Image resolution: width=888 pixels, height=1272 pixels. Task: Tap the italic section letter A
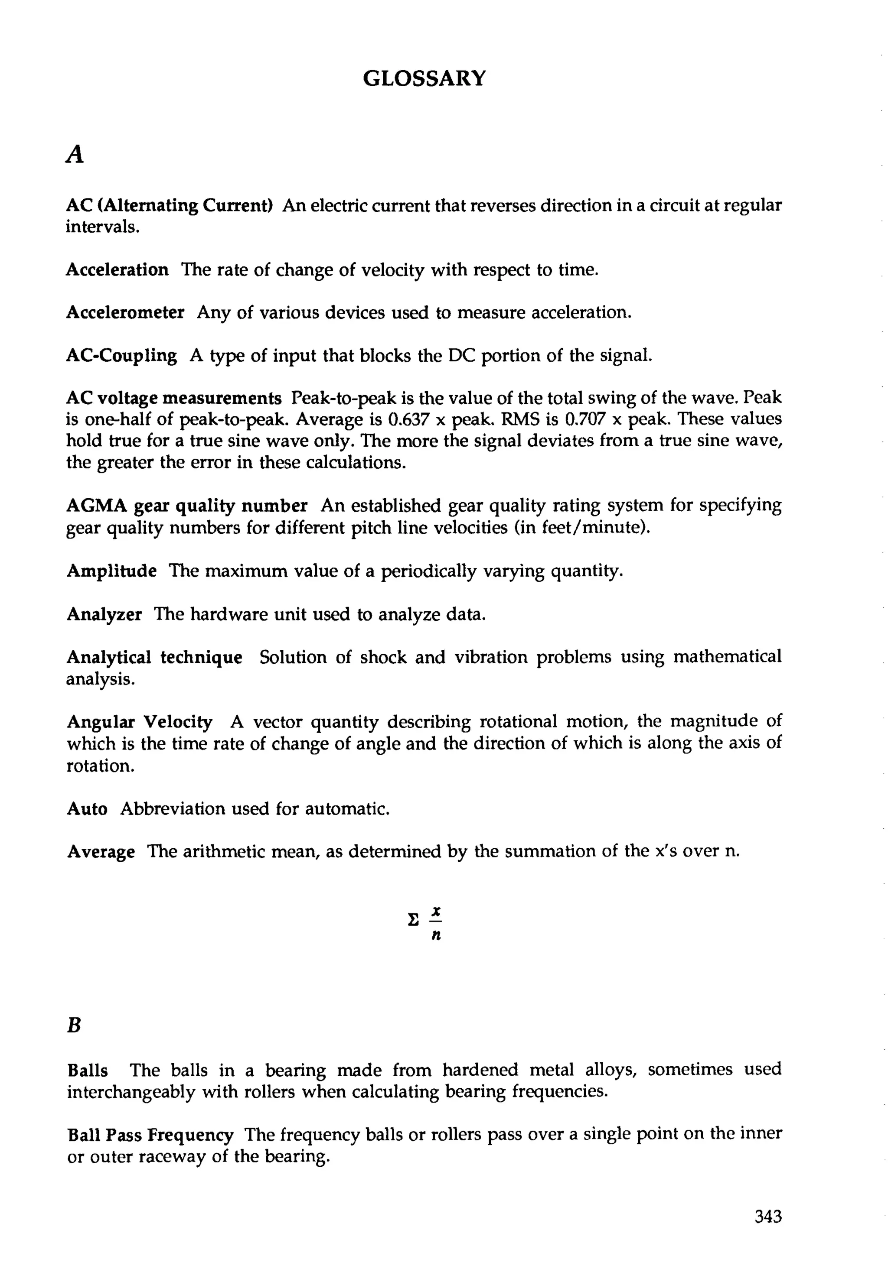75,155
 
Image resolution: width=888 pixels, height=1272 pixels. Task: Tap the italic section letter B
74,1026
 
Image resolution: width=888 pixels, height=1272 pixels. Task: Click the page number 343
768,1217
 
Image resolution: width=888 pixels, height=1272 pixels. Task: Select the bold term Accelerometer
125,312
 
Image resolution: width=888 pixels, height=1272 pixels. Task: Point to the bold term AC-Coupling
121,355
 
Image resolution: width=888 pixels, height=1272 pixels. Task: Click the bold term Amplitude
111,571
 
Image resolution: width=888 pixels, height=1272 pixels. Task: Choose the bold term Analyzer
104,614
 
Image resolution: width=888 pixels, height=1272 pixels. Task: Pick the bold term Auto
87,809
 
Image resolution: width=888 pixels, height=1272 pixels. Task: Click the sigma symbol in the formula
412,921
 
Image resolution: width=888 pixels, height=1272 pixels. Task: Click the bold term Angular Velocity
140,722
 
